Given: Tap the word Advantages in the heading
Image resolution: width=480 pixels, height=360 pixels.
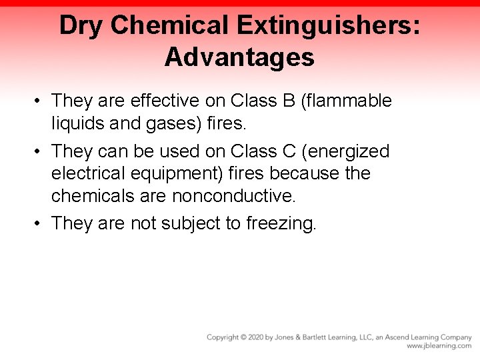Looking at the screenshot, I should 239,57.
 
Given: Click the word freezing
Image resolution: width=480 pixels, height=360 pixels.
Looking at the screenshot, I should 281,223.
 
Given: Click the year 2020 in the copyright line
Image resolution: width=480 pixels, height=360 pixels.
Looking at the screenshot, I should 253,337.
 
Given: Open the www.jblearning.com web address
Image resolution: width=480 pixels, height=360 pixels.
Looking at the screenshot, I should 439,346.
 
